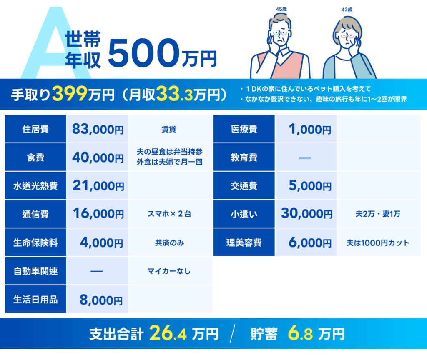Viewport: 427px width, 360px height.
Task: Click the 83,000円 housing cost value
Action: [98, 129]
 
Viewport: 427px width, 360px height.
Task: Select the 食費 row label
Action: [35, 157]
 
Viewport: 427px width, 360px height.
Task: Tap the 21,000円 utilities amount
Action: [98, 186]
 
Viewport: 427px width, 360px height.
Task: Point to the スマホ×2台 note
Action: [169, 214]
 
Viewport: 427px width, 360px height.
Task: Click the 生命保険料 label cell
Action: [35, 242]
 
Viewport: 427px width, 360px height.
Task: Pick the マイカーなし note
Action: [169, 271]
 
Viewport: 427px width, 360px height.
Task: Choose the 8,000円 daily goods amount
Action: [101, 300]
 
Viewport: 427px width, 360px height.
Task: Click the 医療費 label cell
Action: [244, 129]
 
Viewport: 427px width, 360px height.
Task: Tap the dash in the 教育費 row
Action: [305, 158]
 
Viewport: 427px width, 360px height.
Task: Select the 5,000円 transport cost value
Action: [310, 186]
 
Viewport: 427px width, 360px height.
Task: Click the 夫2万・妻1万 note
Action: [378, 214]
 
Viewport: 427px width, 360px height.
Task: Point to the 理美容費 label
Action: [244, 242]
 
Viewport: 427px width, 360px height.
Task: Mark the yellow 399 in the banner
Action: [70, 94]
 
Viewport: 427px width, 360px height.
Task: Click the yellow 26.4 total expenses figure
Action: [168, 333]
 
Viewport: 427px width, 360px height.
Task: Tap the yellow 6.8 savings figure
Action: [300, 333]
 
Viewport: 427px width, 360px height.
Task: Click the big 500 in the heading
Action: [144, 53]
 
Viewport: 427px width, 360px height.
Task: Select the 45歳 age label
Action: [281, 9]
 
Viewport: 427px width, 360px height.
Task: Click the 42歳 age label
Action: [347, 10]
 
